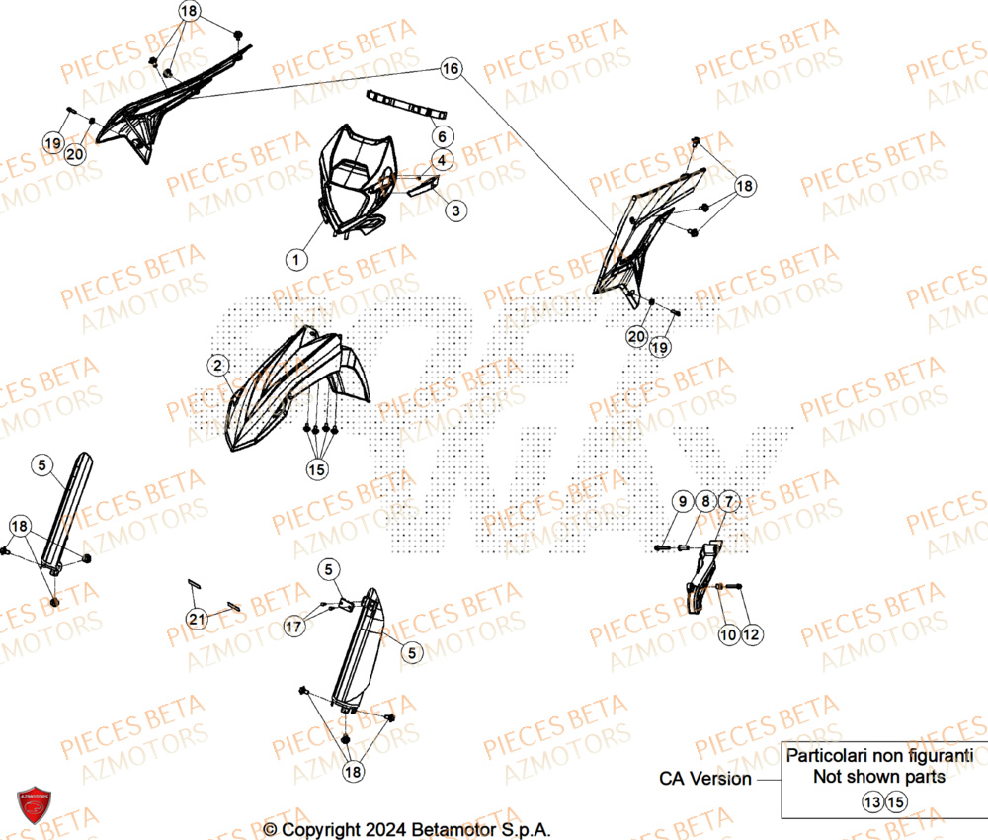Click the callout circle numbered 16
tap(451, 69)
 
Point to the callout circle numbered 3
tap(454, 210)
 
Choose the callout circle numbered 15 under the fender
tap(316, 470)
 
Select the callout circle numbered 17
tap(293, 626)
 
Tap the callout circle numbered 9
tap(683, 502)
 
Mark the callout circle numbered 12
tap(751, 634)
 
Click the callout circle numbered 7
tap(727, 502)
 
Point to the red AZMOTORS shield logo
tap(33, 805)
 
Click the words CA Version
tap(705, 779)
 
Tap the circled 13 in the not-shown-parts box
tap(871, 801)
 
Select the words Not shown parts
tap(879, 776)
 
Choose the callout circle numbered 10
tap(728, 634)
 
